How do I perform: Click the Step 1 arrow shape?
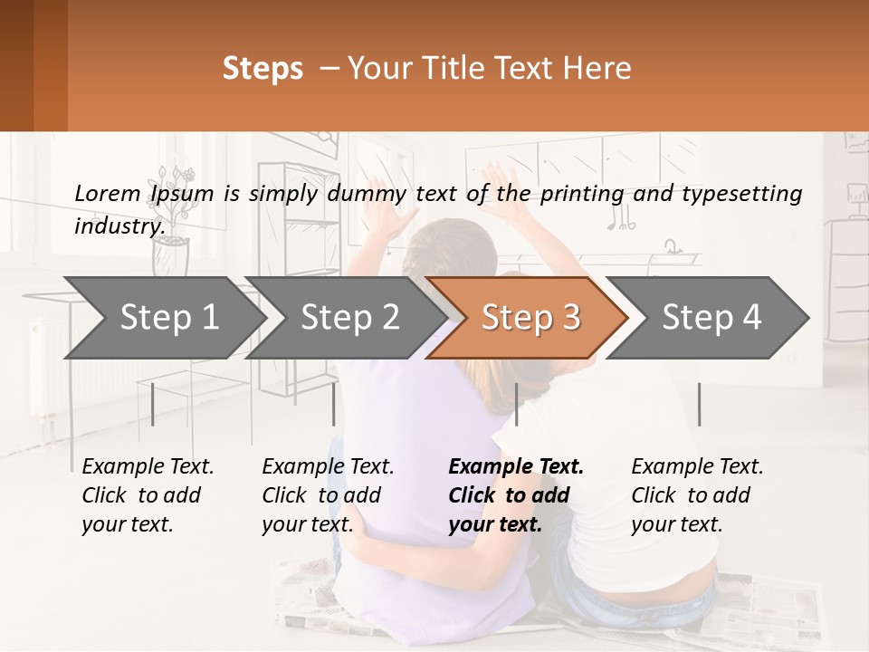click(x=163, y=318)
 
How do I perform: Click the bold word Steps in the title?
click(x=263, y=69)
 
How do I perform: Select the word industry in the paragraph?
click(x=119, y=225)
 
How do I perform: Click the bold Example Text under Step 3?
click(x=516, y=467)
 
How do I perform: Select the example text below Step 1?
click(x=148, y=495)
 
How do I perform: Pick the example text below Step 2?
click(x=328, y=495)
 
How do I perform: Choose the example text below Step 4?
click(x=697, y=495)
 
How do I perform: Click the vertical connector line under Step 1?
click(x=153, y=404)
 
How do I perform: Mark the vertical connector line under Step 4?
click(x=699, y=404)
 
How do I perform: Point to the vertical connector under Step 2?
click(x=334, y=404)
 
